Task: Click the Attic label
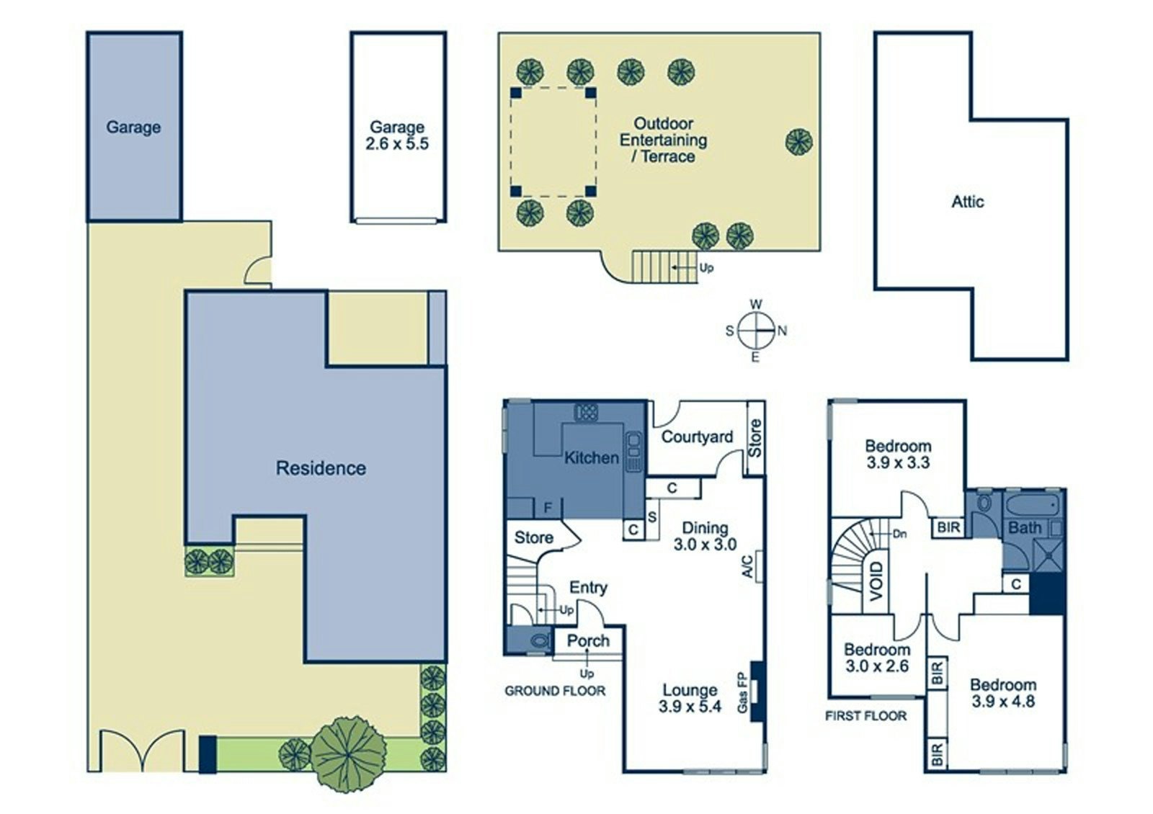point(967,202)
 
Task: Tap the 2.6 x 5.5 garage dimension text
point(397,144)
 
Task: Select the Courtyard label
point(697,437)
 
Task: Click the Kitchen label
point(591,457)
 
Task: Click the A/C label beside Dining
point(747,566)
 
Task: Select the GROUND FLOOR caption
point(555,691)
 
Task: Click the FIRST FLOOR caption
point(866,715)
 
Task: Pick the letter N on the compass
point(782,331)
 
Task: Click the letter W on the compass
point(756,305)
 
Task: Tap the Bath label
point(1024,528)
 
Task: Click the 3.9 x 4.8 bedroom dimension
point(1003,701)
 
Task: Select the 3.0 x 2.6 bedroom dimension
point(877,666)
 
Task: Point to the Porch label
point(588,640)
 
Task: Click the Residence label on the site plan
point(321,468)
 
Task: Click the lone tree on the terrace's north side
point(799,140)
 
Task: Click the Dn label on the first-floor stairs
point(899,535)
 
